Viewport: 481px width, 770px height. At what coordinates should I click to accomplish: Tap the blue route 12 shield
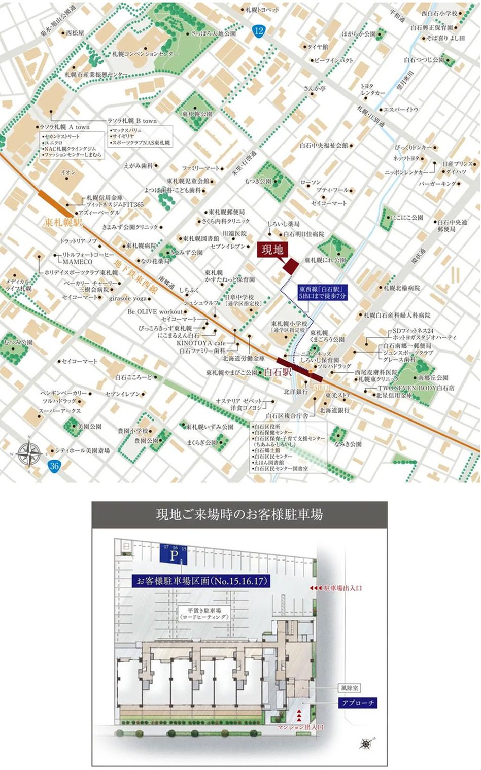tap(259, 31)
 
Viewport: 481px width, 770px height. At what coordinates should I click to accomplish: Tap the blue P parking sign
tap(174, 554)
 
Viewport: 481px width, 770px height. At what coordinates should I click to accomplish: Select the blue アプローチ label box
tap(358, 703)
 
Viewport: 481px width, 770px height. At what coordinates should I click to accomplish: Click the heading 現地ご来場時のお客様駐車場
tap(239, 514)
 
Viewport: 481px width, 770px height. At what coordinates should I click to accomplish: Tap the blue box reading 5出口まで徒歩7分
tap(322, 292)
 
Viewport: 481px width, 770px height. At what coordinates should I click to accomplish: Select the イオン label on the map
tap(68, 172)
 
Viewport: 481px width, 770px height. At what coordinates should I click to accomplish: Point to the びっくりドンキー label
tap(413, 147)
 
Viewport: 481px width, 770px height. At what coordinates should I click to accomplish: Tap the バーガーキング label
tap(437, 184)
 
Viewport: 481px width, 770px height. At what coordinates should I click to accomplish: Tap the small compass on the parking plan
tap(365, 744)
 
